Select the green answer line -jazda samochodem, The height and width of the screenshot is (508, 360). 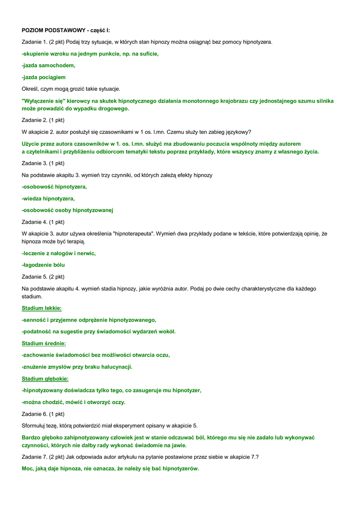click(49, 65)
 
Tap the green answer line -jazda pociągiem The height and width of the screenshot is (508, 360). click(44, 77)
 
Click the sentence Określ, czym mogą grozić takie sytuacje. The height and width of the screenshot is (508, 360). click(71, 89)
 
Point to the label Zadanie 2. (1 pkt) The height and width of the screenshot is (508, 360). click(43, 120)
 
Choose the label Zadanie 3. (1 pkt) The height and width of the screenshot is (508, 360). click(43, 163)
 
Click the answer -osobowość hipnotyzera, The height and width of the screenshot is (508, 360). click(55, 187)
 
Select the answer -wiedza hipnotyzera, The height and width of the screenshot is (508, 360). click(48, 198)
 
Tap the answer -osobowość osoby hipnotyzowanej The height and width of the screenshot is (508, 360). click(68, 210)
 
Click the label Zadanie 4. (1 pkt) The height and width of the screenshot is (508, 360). click(43, 222)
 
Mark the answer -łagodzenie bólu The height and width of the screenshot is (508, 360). click(43, 265)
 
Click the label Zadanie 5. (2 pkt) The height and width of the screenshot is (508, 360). click(43, 277)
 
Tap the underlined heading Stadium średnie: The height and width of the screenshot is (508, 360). click(44, 343)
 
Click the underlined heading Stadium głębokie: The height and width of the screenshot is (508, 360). click(45, 379)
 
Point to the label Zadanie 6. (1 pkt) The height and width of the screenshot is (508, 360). click(43, 414)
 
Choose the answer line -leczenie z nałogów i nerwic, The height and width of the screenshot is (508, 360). click(59, 253)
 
